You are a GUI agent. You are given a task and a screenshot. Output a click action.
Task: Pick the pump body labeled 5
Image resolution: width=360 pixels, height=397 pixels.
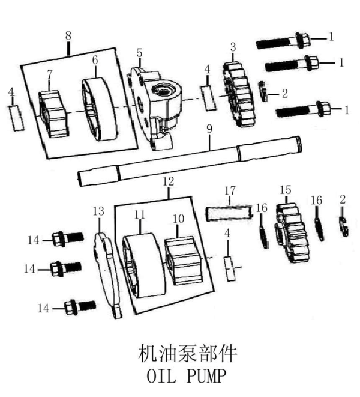[x=157, y=105]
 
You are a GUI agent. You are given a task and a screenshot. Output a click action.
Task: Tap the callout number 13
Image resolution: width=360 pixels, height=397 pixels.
[x=98, y=211]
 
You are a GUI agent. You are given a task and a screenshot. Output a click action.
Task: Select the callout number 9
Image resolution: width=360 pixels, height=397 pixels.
[x=209, y=127]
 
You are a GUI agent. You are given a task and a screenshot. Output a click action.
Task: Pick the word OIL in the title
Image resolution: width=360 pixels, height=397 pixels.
[x=158, y=376]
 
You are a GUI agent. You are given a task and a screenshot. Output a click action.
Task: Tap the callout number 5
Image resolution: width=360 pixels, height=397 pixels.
[x=139, y=53]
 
